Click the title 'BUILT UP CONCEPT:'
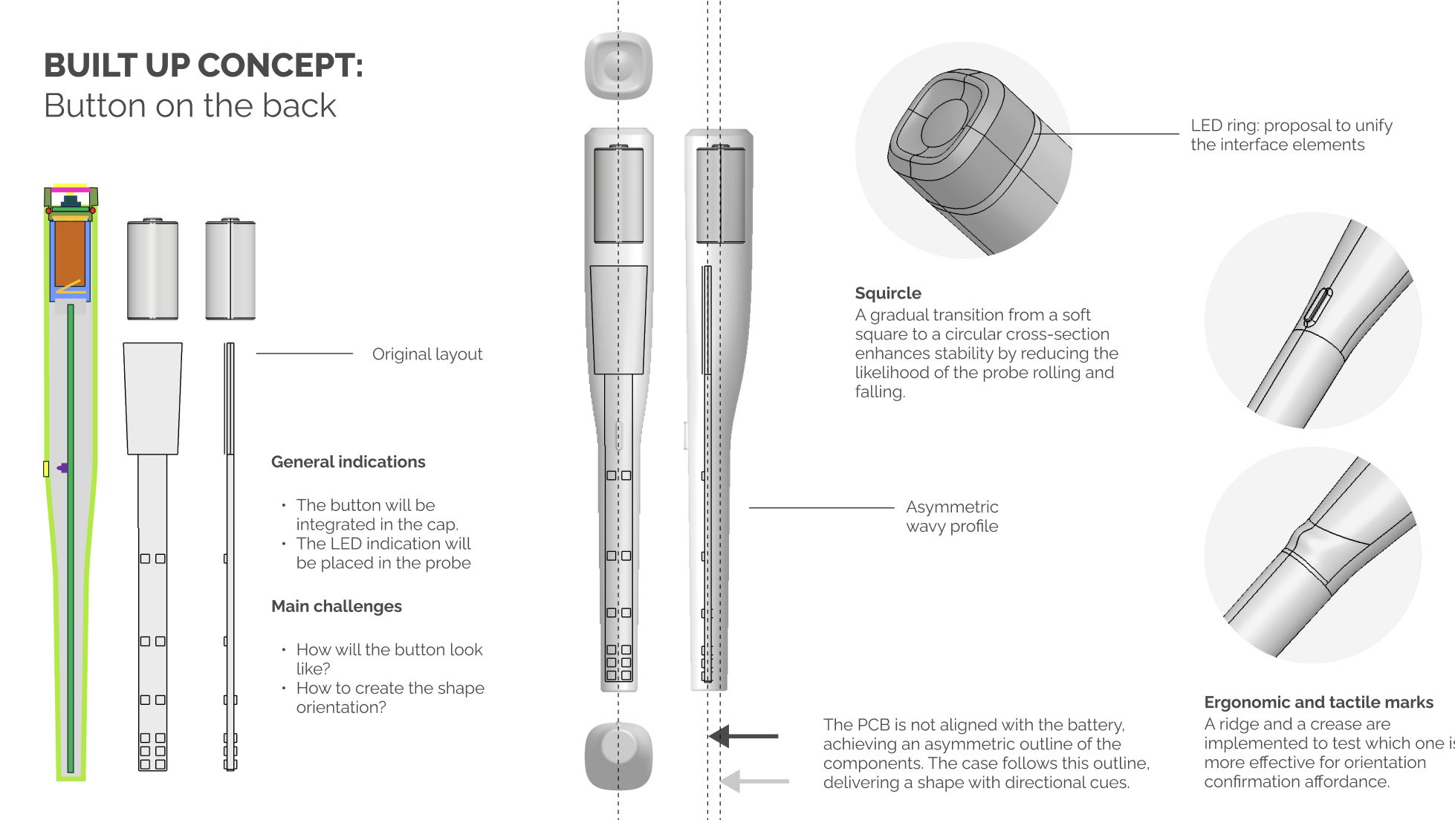tap(204, 65)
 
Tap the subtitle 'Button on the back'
tap(190, 105)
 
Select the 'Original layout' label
tap(427, 354)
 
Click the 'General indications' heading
tap(349, 462)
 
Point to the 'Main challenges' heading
tap(337, 606)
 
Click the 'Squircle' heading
tap(888, 293)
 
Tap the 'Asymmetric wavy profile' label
tap(952, 516)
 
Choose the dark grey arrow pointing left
tap(744, 736)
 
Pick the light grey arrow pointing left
tap(755, 781)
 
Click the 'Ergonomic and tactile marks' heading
tap(1319, 703)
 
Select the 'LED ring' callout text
tap(1292, 135)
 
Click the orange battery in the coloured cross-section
tap(71, 253)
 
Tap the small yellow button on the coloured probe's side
tap(46, 469)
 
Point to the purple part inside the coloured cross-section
tap(63, 468)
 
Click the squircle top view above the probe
tap(618, 66)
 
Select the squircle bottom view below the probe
tap(618, 756)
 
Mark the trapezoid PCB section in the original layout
tap(152, 399)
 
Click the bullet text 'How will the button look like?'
tap(389, 660)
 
